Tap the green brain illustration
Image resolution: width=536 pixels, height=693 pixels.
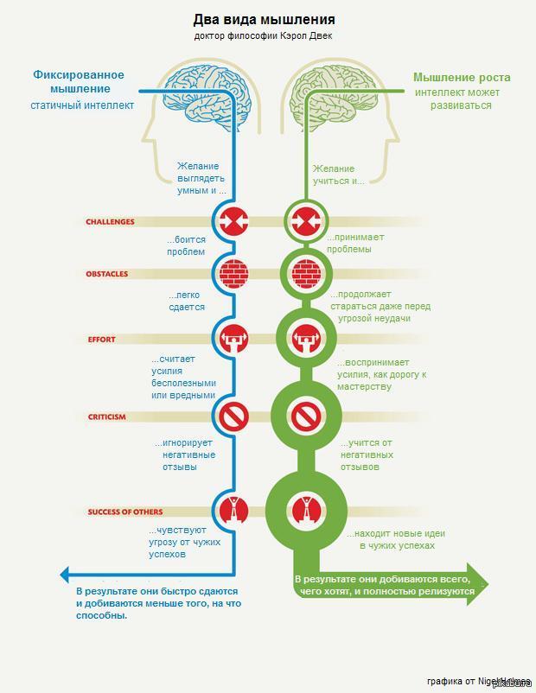pyautogui.click(x=329, y=91)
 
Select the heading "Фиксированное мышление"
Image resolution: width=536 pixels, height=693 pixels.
pyautogui.click(x=79, y=81)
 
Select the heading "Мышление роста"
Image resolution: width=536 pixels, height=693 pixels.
pyautogui.click(x=462, y=77)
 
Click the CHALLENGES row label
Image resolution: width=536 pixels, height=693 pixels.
pyautogui.click(x=110, y=222)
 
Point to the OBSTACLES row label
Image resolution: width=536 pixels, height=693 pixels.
pyautogui.click(x=106, y=274)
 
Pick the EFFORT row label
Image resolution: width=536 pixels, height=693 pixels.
pyautogui.click(x=101, y=340)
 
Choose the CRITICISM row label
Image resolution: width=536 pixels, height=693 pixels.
pyautogui.click(x=106, y=417)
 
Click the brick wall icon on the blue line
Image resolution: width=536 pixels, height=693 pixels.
pyautogui.click(x=233, y=274)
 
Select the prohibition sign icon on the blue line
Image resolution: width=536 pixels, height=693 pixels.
pyautogui.click(x=233, y=417)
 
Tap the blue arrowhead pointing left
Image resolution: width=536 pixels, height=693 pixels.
pyautogui.click(x=65, y=574)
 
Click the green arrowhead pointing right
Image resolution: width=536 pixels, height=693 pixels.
pyautogui.click(x=480, y=586)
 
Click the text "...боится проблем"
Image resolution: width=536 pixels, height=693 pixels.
pyautogui.click(x=186, y=246)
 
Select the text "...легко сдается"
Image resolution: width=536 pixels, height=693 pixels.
pyautogui.click(x=186, y=301)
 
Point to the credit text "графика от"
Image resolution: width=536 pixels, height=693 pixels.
pyautogui.click(x=450, y=682)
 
